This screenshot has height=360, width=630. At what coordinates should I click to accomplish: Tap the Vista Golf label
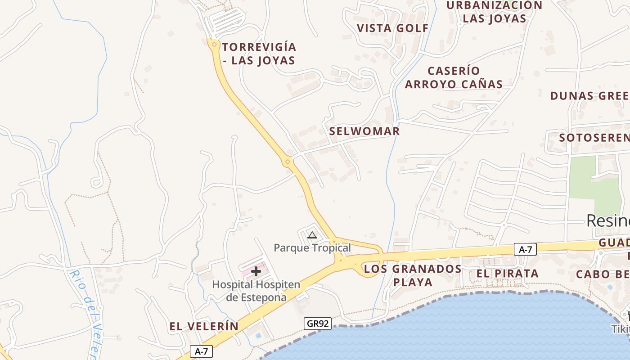[393, 28]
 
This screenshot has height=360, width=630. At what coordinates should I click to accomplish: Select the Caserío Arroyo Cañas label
[454, 77]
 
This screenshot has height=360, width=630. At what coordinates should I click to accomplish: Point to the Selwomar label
[364, 131]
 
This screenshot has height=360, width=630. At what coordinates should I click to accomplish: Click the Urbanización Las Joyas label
[494, 12]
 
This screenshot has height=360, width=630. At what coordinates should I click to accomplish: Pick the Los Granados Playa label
[413, 275]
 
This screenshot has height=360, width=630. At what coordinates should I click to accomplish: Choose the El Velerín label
[204, 326]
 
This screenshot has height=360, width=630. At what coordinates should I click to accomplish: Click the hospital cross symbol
[256, 271]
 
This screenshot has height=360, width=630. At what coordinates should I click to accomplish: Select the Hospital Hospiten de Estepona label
[256, 291]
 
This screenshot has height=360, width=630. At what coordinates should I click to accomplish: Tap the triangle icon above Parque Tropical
[312, 234]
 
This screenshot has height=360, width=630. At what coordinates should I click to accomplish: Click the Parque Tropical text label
[312, 247]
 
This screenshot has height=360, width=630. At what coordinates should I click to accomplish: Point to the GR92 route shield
[318, 323]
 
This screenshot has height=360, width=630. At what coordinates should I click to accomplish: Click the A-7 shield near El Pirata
[525, 249]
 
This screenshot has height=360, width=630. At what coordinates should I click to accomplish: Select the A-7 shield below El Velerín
[201, 351]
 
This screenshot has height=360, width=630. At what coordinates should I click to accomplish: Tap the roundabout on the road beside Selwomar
[288, 161]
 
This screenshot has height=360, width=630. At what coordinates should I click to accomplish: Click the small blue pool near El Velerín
[258, 335]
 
